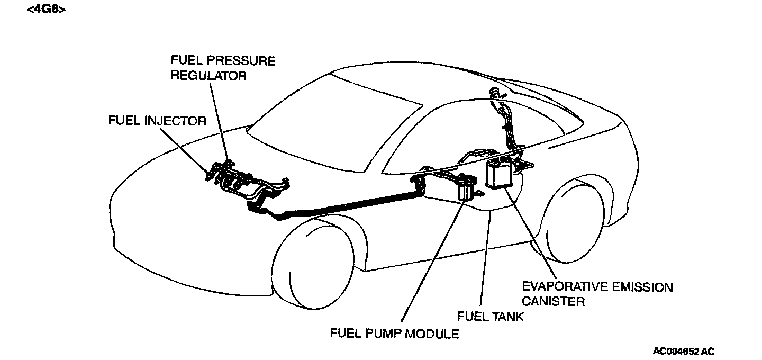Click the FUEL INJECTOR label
tap(157, 121)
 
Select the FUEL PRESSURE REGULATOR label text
tap(223, 68)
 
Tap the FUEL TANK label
tap(490, 317)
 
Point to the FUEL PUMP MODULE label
tap(394, 334)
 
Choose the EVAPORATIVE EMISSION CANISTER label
tap(597, 294)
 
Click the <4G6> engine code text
tap(46, 10)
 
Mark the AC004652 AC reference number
tap(683, 351)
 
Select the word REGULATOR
tap(208, 76)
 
